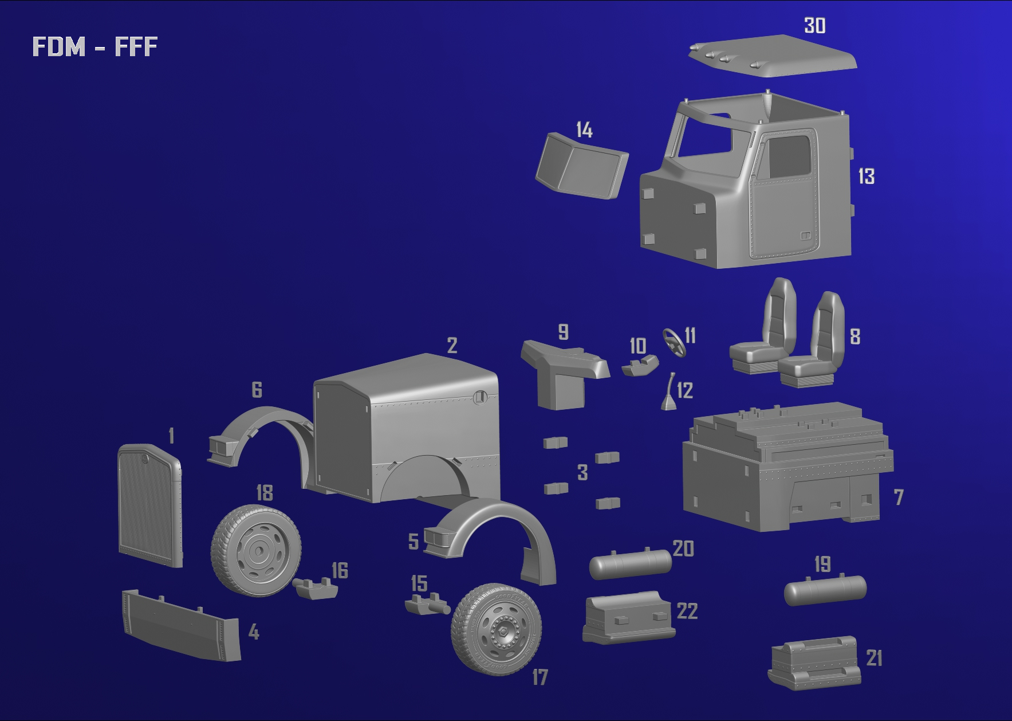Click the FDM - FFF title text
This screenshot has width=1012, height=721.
[x=94, y=46]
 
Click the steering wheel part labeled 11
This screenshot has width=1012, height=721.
[x=674, y=342]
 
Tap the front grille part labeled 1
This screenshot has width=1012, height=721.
[x=149, y=504]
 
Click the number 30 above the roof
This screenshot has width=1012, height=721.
[x=814, y=26]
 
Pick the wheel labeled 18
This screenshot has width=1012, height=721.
[x=256, y=550]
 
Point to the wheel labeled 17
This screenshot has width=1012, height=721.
[x=496, y=629]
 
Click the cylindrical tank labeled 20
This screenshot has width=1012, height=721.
[x=630, y=564]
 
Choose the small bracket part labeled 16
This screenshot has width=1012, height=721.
[x=315, y=589]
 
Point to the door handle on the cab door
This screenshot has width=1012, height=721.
[x=806, y=235]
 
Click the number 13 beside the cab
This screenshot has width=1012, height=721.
[x=866, y=176]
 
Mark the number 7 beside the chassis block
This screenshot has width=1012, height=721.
[x=898, y=497]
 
